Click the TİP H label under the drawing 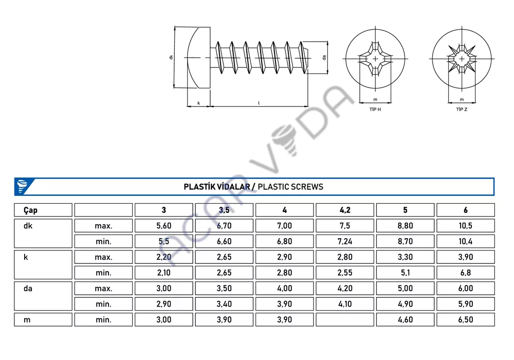375,109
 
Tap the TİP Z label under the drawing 462,109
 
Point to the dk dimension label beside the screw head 171,57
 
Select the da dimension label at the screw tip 324,58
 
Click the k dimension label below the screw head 198,103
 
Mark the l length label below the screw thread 259,103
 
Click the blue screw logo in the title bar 22,186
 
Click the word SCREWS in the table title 306,187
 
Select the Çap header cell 43,210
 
